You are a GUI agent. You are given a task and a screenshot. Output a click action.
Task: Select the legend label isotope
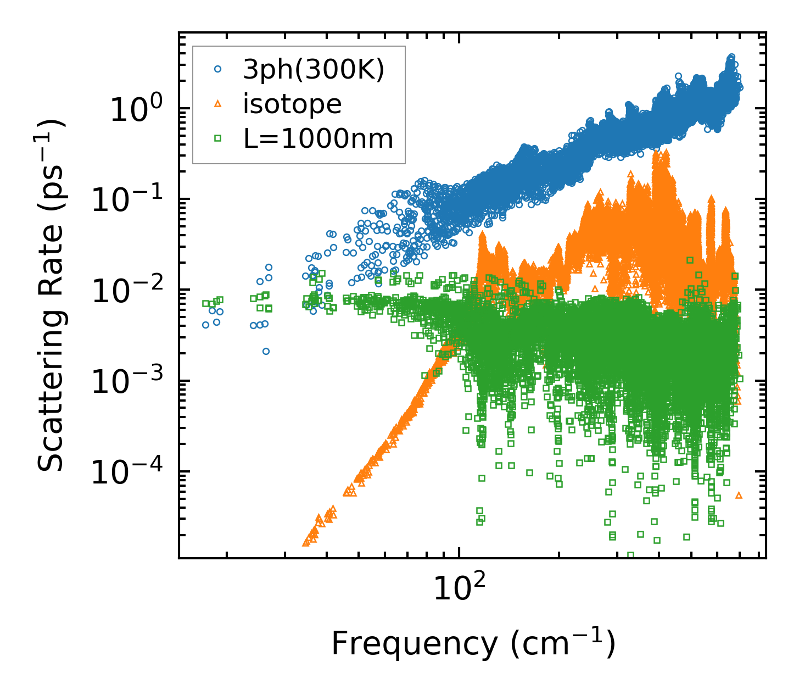pyautogui.click(x=292, y=104)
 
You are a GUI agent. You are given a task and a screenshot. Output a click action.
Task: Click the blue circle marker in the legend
pyautogui.click(x=218, y=69)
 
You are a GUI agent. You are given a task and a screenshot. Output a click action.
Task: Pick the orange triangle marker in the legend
pyautogui.click(x=218, y=104)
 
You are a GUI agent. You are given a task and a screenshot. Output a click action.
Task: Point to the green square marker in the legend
pyautogui.click(x=218, y=138)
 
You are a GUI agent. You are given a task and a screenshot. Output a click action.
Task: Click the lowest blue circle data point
pyautogui.click(x=266, y=351)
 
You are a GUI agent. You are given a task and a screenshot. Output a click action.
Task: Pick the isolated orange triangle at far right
pyautogui.click(x=739, y=495)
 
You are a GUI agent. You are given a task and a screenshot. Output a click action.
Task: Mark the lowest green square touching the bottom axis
pyautogui.click(x=630, y=555)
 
